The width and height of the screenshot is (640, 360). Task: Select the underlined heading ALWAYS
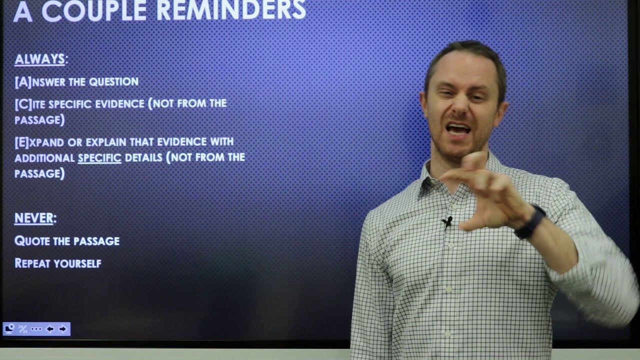pos(40,59)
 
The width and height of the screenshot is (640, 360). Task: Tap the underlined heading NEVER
pos(34,218)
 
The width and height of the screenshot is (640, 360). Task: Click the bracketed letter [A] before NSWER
pos(23,82)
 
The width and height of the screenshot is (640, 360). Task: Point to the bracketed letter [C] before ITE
pos(23,104)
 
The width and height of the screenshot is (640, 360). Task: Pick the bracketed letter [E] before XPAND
pos(22,142)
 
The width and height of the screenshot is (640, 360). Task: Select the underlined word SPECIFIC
pos(99,158)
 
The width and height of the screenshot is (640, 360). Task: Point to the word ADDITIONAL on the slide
pos(44,158)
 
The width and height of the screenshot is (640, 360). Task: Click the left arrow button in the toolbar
pos(49,328)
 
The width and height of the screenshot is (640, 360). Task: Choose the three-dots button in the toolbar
pos(36,328)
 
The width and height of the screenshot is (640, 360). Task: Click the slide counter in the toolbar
pos(23,328)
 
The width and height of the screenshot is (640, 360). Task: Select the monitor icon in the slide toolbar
pos(9,328)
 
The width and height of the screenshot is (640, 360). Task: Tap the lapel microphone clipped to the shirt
pos(447,220)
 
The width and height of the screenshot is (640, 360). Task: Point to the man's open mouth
pos(458,128)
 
